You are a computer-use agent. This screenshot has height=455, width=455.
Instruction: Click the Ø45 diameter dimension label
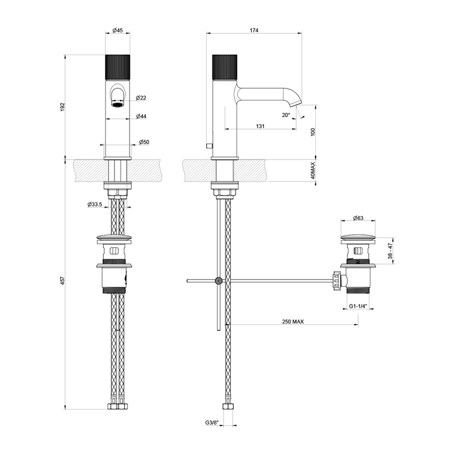[x=118, y=31]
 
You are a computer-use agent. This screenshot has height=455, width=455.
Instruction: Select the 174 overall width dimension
[x=254, y=31]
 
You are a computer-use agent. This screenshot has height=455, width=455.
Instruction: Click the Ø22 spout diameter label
[x=141, y=97]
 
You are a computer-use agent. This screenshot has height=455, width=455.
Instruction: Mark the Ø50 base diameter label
[x=144, y=142]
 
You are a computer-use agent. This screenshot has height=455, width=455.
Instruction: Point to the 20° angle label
[x=286, y=115]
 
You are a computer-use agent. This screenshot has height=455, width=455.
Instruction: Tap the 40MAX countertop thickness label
[x=312, y=171]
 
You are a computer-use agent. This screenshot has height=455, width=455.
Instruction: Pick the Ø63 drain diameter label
[x=358, y=218]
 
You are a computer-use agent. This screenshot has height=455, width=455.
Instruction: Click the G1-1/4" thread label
[x=358, y=307]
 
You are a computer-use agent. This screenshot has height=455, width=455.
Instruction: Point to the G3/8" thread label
[x=212, y=422]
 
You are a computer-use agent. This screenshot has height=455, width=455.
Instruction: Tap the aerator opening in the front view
[x=118, y=104]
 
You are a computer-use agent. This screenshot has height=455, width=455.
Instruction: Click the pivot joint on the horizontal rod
[x=218, y=280]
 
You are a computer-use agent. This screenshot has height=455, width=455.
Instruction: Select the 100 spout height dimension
[x=312, y=132]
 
